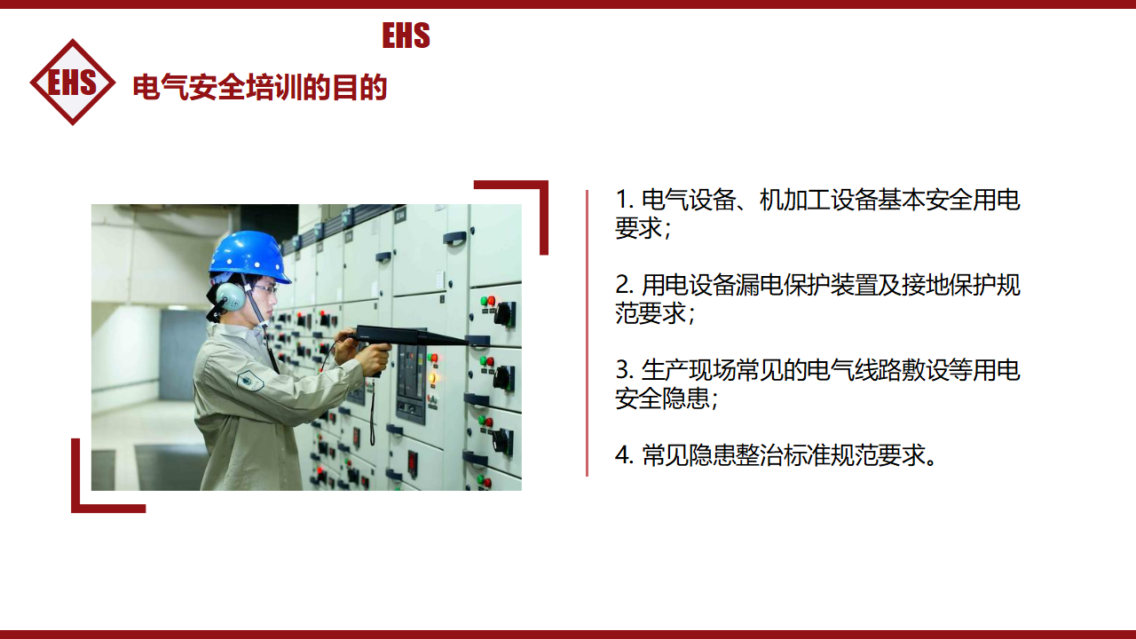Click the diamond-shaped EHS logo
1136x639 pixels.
[73, 83]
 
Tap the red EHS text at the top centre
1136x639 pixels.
[406, 35]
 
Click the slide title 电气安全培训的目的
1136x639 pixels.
[260, 87]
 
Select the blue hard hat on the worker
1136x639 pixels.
[249, 256]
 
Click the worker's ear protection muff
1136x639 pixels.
[230, 296]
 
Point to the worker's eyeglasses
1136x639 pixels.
[265, 289]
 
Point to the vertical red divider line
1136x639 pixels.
[587, 333]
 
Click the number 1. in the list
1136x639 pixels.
[624, 200]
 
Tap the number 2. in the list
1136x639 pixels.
[624, 285]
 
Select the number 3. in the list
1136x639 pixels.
[624, 370]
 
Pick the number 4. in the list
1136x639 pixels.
[624, 455]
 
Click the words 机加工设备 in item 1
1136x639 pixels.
[818, 200]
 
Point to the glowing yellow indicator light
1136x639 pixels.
[432, 378]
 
